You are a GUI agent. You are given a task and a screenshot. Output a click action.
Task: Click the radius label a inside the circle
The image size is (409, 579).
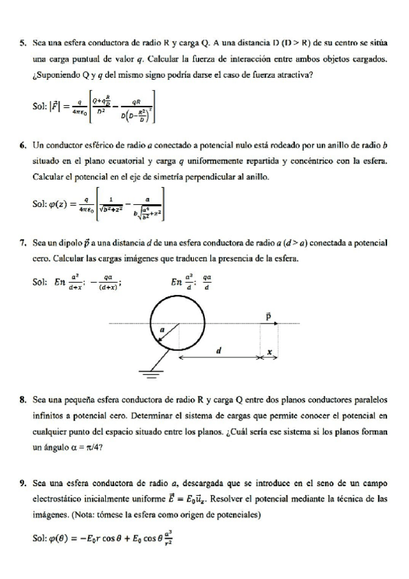(x=162, y=330)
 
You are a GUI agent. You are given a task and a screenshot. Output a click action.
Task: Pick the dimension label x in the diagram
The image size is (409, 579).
(x=269, y=352)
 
